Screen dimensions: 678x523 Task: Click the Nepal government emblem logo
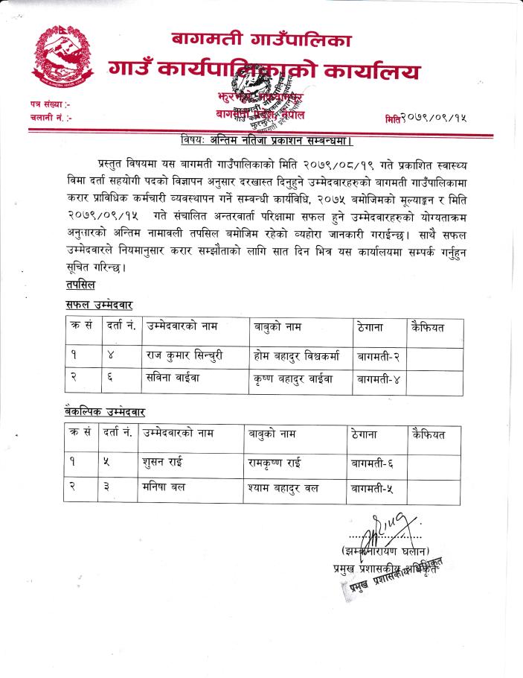62,57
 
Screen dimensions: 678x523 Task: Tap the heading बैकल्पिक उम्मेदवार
104,411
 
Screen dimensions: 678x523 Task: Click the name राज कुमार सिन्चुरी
182,355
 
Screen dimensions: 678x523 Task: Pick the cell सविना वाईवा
172,378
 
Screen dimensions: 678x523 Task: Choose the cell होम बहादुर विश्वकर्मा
296,355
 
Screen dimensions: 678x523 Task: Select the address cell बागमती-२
378,355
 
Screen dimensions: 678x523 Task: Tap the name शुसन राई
162,463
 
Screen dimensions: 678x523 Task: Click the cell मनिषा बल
164,487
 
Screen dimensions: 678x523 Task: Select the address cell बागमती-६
373,463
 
